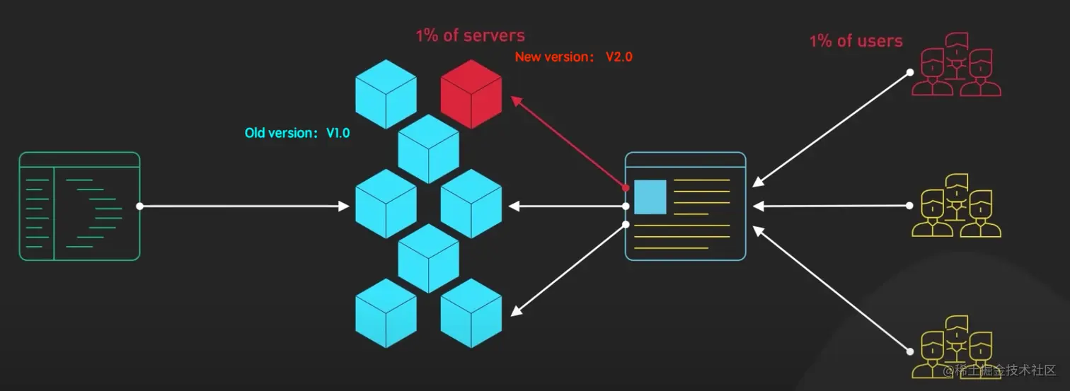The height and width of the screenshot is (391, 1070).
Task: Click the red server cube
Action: [471, 94]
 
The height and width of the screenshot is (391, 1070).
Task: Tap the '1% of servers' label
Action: [470, 35]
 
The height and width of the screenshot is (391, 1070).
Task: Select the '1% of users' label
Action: [856, 41]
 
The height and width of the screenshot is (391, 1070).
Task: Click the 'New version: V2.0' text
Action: [573, 57]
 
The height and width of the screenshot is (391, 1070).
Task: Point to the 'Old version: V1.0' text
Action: [297, 133]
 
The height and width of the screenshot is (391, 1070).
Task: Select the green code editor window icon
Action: [79, 206]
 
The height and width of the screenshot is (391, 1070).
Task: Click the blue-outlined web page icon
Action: [685, 206]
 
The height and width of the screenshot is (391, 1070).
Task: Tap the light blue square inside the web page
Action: [650, 197]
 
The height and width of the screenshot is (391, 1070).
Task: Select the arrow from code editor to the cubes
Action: [244, 206]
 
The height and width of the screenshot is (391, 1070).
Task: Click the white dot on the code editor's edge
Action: [140, 206]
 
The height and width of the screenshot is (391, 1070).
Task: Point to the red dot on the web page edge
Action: [626, 188]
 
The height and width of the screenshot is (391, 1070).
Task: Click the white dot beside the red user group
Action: [910, 73]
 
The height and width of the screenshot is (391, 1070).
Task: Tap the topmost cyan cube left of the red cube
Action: [386, 94]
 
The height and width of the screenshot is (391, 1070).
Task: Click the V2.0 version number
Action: [619, 57]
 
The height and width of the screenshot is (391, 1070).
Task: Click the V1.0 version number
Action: [338, 133]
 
